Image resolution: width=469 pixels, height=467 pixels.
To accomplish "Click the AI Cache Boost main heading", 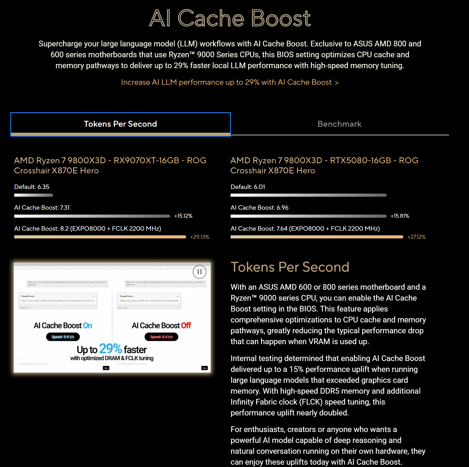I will (x=230, y=18).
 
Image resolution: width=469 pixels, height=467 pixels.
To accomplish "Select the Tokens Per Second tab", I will (x=120, y=124).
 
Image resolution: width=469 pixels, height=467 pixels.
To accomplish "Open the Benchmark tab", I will (x=339, y=124).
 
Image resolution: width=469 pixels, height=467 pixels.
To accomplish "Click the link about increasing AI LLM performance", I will (x=230, y=82).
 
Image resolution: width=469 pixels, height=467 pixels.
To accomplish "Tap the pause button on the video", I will (x=199, y=272).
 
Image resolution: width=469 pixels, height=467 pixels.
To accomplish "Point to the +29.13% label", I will (x=200, y=237).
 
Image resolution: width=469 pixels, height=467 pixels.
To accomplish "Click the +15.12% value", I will (x=183, y=216).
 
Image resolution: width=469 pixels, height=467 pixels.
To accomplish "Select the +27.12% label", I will (x=416, y=237).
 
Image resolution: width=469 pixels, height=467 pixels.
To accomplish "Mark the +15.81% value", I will (x=400, y=216).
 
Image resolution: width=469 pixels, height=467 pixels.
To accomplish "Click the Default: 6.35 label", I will (x=32, y=187).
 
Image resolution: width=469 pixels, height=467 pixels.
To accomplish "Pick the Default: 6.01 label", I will (x=248, y=187).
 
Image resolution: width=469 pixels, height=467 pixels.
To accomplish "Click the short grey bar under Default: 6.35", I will (x=34, y=195).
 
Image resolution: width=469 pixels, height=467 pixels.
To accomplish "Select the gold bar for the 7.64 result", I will (x=317, y=237).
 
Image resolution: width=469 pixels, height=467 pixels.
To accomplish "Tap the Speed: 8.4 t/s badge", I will (x=63, y=337).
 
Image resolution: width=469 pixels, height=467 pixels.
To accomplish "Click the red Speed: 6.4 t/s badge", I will (x=161, y=337).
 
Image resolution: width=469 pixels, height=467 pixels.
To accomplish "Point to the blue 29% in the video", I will (x=111, y=349).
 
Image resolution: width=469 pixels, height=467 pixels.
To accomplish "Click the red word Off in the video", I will (x=186, y=326).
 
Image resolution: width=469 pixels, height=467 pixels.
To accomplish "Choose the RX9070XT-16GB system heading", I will (x=110, y=165).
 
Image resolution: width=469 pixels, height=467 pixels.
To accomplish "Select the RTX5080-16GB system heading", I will (x=324, y=165).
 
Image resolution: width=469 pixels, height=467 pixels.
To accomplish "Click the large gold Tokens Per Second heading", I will (x=290, y=267).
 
